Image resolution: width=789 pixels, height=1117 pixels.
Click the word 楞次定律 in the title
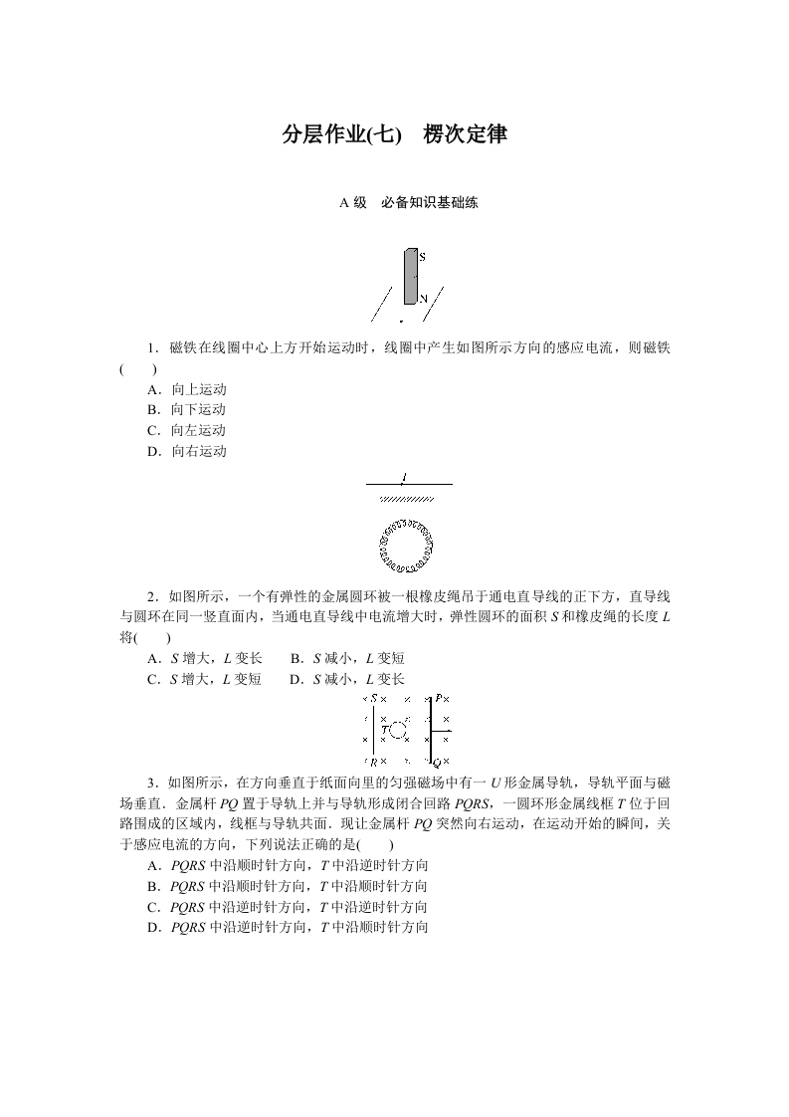click(x=466, y=134)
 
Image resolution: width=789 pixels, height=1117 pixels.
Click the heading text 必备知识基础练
click(x=430, y=203)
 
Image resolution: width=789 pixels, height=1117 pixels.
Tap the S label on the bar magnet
click(x=422, y=257)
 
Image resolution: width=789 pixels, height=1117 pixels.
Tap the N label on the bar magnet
click(x=422, y=298)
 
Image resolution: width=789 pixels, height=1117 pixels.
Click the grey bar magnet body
click(x=409, y=276)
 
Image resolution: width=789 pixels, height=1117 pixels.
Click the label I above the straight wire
click(x=404, y=477)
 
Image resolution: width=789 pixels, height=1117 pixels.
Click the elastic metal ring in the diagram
click(x=406, y=547)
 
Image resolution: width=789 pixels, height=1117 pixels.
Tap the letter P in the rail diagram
click(x=437, y=699)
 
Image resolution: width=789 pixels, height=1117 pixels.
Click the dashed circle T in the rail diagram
click(x=398, y=731)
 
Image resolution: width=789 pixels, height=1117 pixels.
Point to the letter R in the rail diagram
click(x=373, y=762)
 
